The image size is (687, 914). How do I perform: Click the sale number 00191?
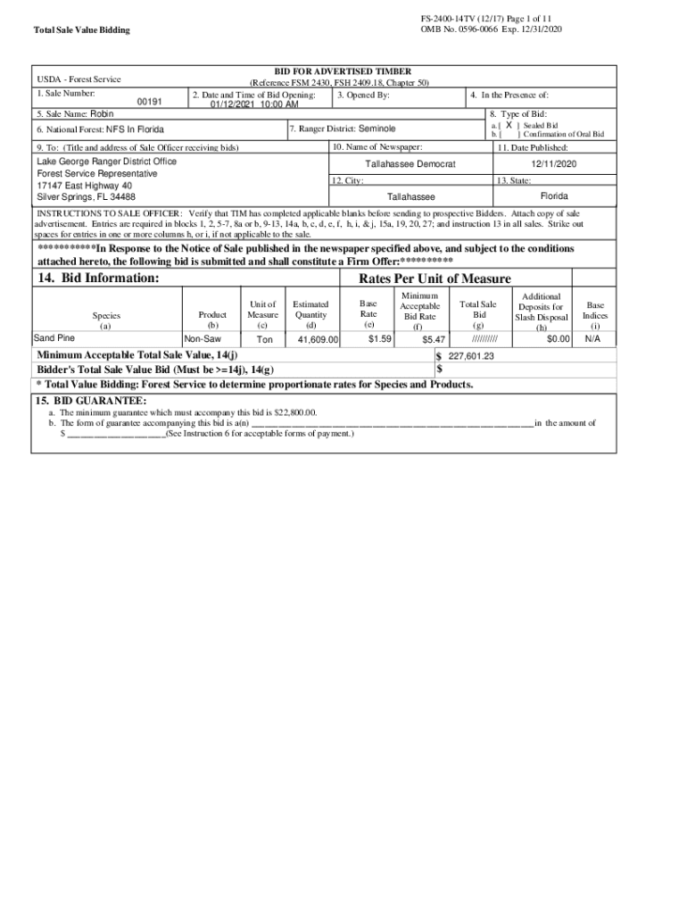[150, 103]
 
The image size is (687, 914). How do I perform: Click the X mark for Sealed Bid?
[509, 126]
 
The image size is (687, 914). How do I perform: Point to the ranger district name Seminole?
[377, 129]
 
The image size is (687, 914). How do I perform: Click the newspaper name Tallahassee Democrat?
[410, 165]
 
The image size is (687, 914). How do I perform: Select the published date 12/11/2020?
[554, 165]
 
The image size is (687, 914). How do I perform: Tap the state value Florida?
[554, 195]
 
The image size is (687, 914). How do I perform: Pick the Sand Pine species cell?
[54, 338]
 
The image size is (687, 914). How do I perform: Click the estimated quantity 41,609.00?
[318, 340]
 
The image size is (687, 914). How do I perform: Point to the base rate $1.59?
[380, 339]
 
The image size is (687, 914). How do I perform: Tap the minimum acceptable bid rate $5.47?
[434, 340]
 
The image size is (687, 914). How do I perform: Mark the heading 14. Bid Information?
[98, 278]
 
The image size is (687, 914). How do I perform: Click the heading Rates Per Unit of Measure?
[435, 279]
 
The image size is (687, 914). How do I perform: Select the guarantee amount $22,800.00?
[291, 413]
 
